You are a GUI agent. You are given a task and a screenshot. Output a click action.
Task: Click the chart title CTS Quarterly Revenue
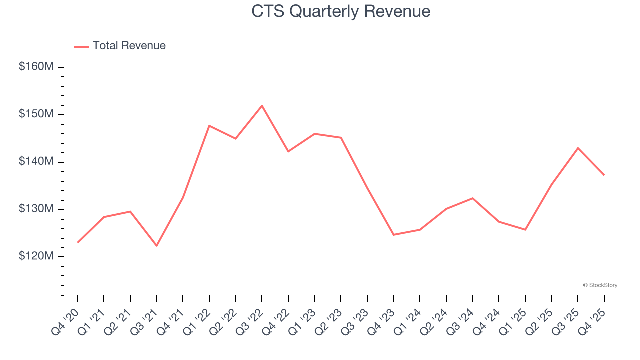(x=341, y=11)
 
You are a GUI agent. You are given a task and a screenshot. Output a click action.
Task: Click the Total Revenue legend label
(x=129, y=46)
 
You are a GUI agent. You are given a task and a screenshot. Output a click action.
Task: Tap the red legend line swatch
(x=81, y=46)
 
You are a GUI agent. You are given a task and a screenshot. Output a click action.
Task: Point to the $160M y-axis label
(x=36, y=67)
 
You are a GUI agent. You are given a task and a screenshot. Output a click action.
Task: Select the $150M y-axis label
(x=36, y=114)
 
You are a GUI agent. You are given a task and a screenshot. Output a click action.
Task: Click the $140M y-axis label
(x=36, y=162)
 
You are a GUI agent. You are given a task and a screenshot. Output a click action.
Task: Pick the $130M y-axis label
(x=36, y=209)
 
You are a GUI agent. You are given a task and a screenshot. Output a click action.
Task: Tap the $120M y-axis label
(x=36, y=256)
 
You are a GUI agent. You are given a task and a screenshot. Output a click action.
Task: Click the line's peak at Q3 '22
(x=262, y=106)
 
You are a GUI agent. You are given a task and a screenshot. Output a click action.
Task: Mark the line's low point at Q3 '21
(x=157, y=246)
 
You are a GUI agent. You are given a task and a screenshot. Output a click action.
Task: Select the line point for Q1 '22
(x=209, y=126)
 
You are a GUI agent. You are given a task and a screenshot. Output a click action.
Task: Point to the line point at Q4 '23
(x=394, y=235)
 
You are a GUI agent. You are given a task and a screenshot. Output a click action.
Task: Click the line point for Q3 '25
(x=578, y=148)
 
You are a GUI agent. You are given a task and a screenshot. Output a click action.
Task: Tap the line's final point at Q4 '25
(x=604, y=175)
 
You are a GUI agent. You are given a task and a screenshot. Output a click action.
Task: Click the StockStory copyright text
(x=600, y=285)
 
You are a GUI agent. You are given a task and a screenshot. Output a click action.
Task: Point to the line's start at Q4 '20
(x=78, y=242)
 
